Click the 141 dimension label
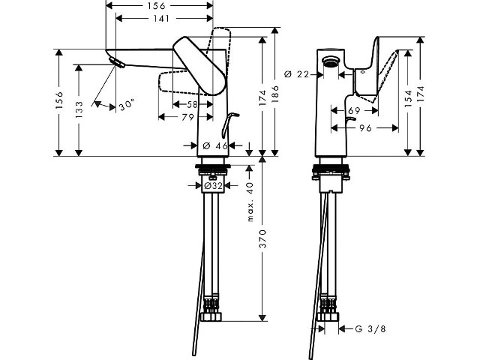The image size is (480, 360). coord(161,19)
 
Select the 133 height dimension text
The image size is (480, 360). coord(79,110)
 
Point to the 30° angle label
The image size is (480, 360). coord(127,105)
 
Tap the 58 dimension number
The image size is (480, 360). coord(192,105)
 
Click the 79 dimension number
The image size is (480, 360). coord(187,117)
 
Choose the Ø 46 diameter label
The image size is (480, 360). coord(215,145)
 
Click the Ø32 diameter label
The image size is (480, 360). coord(213,185)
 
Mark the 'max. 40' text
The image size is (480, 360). coord(250,202)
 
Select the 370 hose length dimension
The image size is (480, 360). coord(262,238)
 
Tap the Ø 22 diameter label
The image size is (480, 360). coord(297,74)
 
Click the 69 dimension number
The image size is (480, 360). coord(354,110)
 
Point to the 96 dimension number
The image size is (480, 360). coord(365,128)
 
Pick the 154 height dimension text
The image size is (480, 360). coord(408,98)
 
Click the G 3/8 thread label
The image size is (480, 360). coord(370,329)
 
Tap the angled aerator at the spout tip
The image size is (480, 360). coord(117,61)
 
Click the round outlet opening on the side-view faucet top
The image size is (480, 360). coord(331,61)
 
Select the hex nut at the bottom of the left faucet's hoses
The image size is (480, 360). coord(211,316)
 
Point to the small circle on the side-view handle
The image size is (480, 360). coord(363,72)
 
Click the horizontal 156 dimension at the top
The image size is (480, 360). coord(159,5)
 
